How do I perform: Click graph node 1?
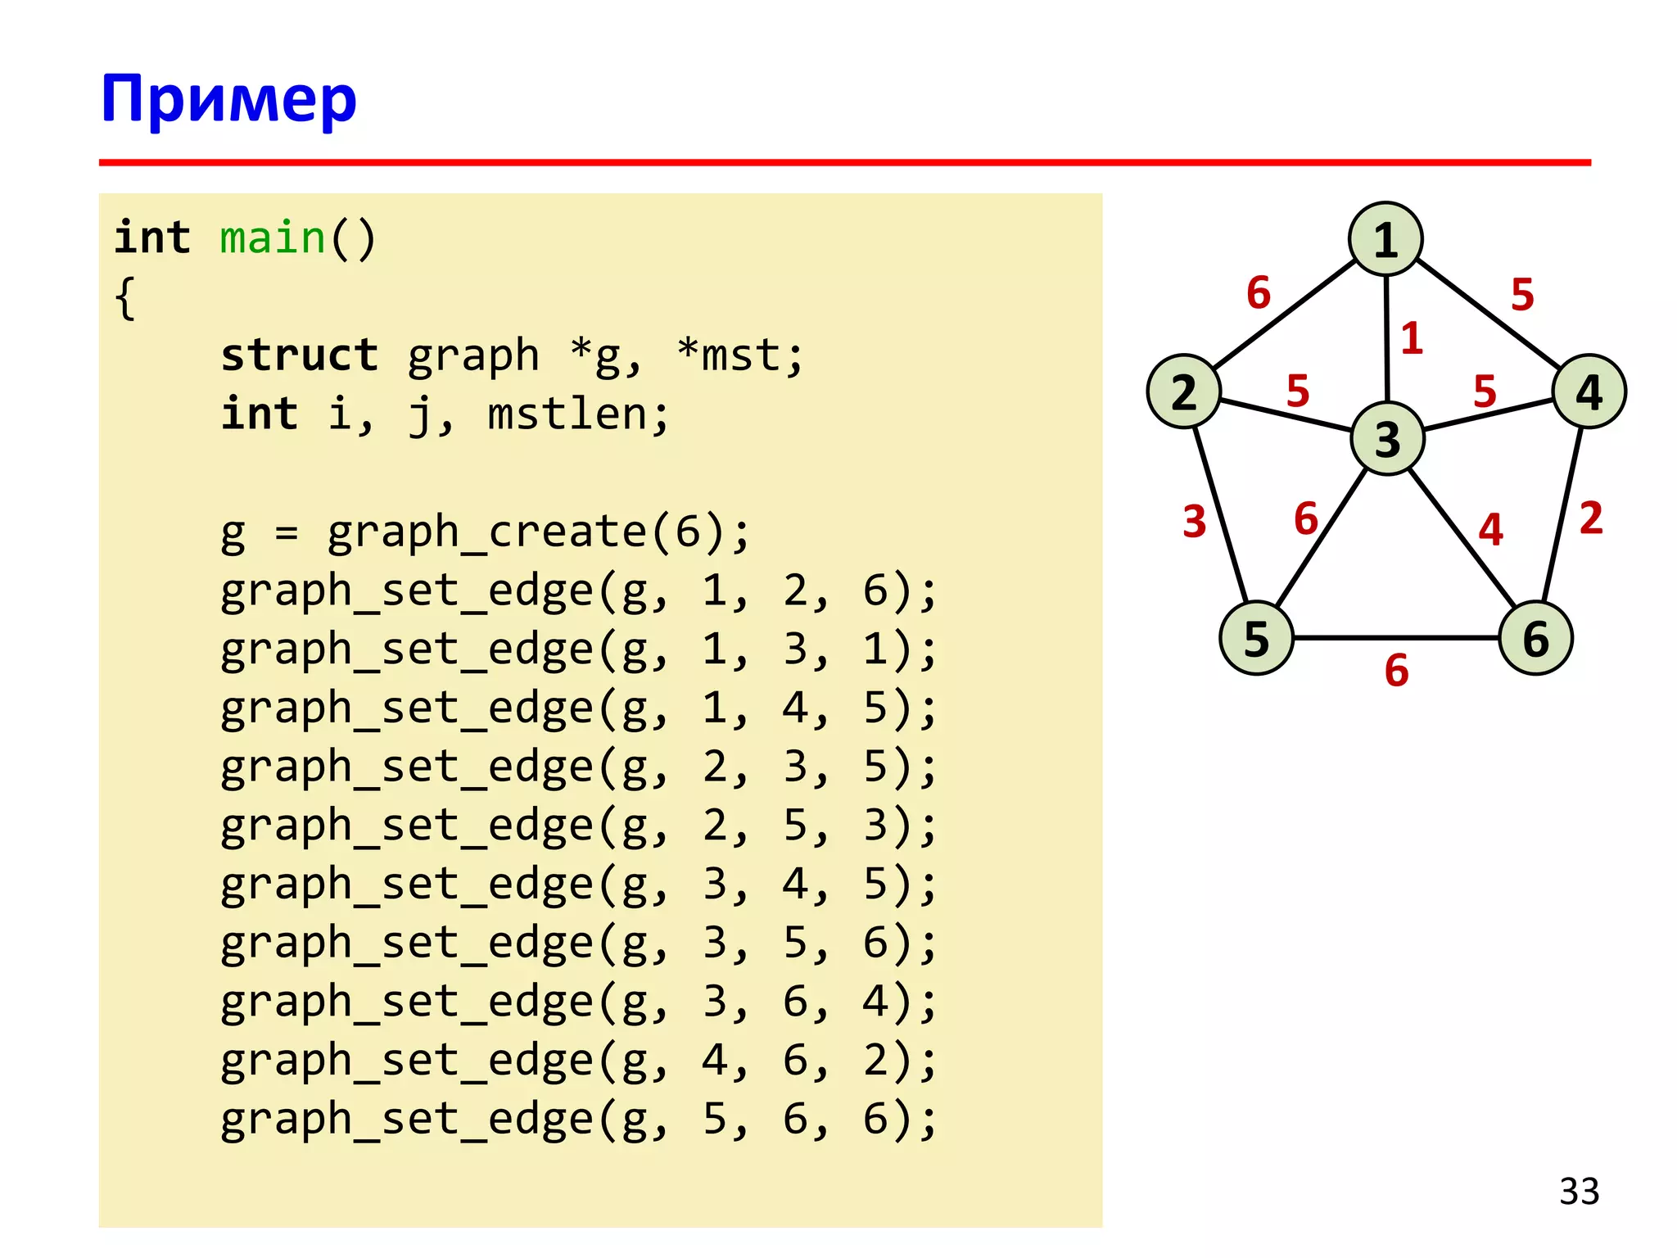pyautogui.click(x=1385, y=239)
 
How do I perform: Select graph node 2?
pyautogui.click(x=1184, y=391)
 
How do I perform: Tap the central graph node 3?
pyautogui.click(x=1387, y=439)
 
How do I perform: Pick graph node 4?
pyautogui.click(x=1589, y=391)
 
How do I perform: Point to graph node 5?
pyautogui.click(x=1256, y=638)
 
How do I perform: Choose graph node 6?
pyautogui.click(x=1535, y=638)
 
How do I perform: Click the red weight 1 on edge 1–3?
pyautogui.click(x=1411, y=338)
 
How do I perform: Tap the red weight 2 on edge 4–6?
pyautogui.click(x=1590, y=518)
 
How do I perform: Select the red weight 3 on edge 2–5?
pyautogui.click(x=1194, y=522)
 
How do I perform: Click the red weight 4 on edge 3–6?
pyautogui.click(x=1490, y=529)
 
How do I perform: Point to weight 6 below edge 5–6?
pyautogui.click(x=1396, y=671)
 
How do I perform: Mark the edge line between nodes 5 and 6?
pyautogui.click(x=1395, y=637)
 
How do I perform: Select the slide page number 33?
pyautogui.click(x=1579, y=1192)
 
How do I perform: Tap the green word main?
pyautogui.click(x=273, y=238)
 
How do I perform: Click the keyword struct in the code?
pyautogui.click(x=299, y=355)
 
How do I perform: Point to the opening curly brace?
pyautogui.click(x=125, y=298)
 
